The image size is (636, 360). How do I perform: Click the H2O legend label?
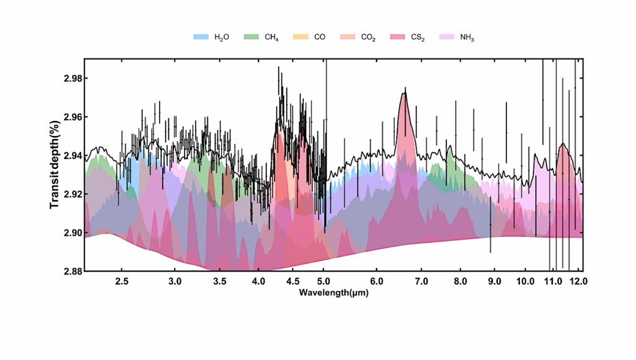[x=222, y=37]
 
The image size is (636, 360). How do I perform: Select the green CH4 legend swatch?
[x=250, y=37]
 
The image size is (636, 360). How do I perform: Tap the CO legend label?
[x=320, y=37]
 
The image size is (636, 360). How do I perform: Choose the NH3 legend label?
[x=468, y=37]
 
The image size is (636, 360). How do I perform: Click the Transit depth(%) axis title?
[x=55, y=165]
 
